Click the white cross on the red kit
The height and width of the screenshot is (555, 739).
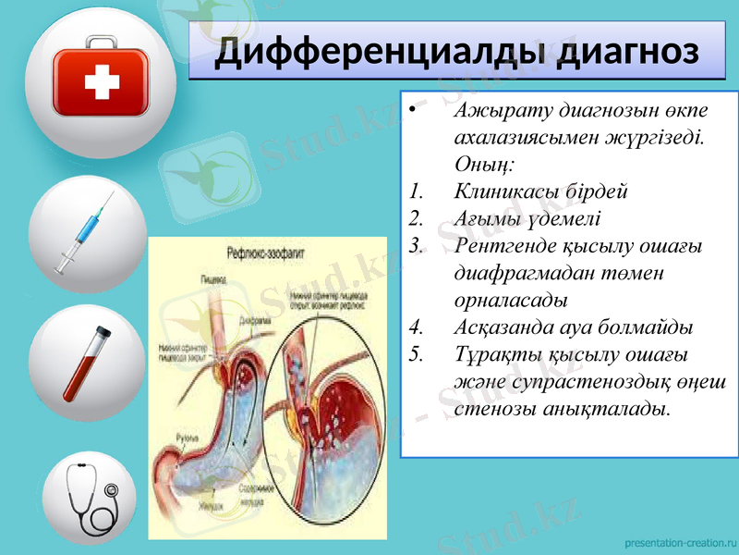coord(102,85)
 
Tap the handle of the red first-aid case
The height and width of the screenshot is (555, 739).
coord(102,43)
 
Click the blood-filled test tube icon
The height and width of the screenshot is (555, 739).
coord(87,364)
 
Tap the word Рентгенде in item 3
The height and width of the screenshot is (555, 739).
coord(505,246)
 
